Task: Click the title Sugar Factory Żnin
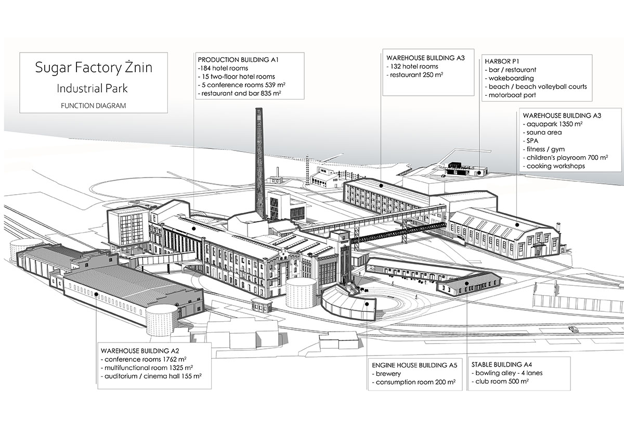pos(94,68)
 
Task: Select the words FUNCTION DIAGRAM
pos(94,105)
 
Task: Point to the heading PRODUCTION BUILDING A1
pos(239,60)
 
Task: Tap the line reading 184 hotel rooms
pos(224,68)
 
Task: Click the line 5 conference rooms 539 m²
pos(243,85)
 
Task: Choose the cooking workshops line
pos(555,166)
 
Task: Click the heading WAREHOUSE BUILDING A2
pos(140,350)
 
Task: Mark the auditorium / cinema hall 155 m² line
pos(151,376)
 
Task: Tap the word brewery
pos(386,374)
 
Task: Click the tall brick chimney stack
pos(259,161)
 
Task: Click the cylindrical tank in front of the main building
pos(301,294)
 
